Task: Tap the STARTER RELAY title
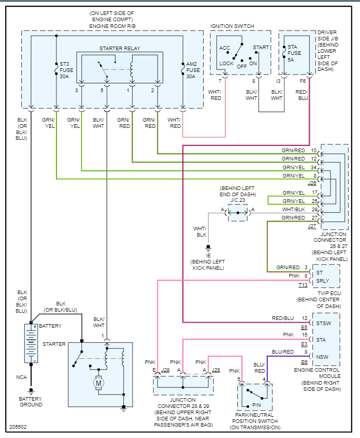pyautogui.click(x=120, y=49)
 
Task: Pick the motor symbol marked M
pyautogui.click(x=98, y=384)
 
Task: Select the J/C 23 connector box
pyautogui.click(x=238, y=213)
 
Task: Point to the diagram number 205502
pyautogui.click(x=19, y=428)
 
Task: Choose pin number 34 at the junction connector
pyautogui.click(x=313, y=167)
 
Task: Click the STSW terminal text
pyautogui.click(x=324, y=323)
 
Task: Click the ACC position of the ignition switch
pyautogui.click(x=225, y=48)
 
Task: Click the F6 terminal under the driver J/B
pyautogui.click(x=303, y=81)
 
